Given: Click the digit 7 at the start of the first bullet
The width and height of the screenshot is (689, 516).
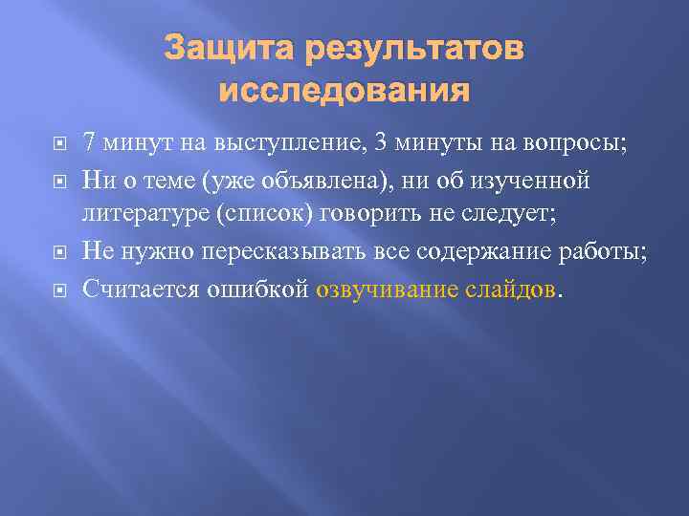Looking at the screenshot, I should tap(89, 143).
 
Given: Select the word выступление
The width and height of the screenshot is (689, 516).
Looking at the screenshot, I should tap(278, 143).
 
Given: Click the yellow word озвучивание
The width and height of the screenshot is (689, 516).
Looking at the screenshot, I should tap(385, 288).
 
